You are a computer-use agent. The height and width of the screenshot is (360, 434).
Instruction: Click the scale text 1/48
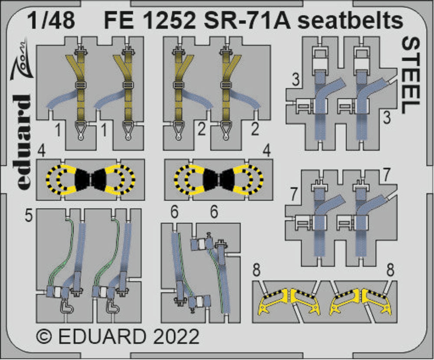coord(52,21)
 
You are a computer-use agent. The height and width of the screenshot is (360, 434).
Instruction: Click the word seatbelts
coord(350,21)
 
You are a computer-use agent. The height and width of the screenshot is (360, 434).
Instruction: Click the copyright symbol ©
coord(44,337)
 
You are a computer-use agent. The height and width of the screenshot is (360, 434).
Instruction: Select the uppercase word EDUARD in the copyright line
coord(102,337)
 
